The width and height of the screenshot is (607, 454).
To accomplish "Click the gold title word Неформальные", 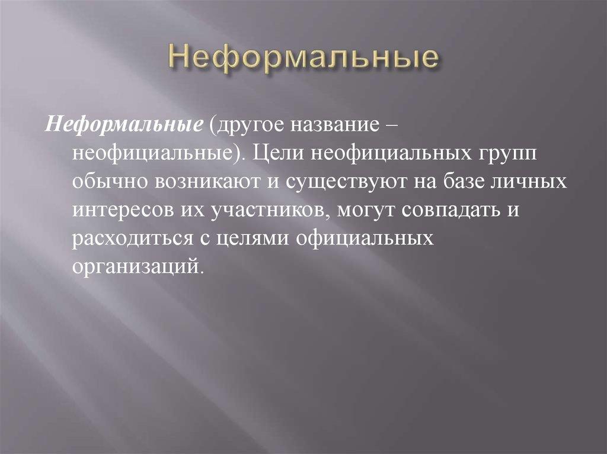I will click(x=303, y=59).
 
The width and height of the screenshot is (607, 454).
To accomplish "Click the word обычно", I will click(x=110, y=182).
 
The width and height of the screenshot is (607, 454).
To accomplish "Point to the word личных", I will click(x=536, y=182).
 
